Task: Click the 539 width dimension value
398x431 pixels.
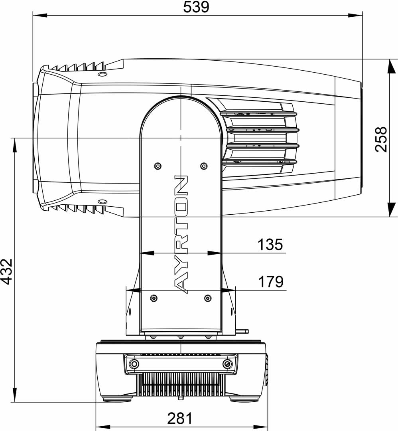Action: pyautogui.click(x=196, y=7)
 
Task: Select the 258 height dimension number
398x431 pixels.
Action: pyautogui.click(x=382, y=139)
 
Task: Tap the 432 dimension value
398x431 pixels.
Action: pyautogui.click(x=7, y=271)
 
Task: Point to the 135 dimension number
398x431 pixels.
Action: pyautogui.click(x=270, y=244)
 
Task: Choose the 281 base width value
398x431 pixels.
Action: pyautogui.click(x=180, y=418)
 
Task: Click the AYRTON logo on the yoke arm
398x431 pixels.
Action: pyautogui.click(x=181, y=234)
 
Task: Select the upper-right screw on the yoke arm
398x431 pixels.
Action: pyautogui.click(x=204, y=166)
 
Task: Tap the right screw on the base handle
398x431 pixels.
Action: pyautogui.click(x=227, y=364)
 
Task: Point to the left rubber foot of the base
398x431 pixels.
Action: pyautogui.click(x=117, y=398)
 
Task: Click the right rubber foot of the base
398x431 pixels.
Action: pyautogui.click(x=244, y=398)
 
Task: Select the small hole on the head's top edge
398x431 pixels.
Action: pyautogui.click(x=102, y=75)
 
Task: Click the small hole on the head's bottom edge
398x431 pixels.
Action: pyautogui.click(x=102, y=201)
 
